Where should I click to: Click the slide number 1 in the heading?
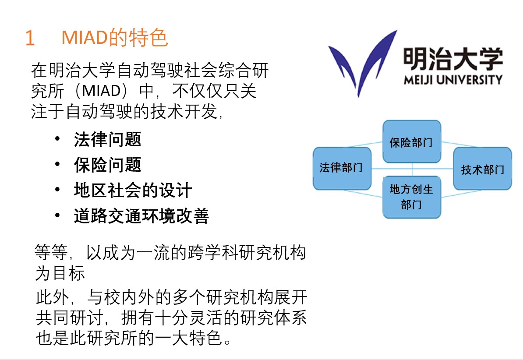[30, 37]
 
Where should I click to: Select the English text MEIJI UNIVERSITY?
[452, 80]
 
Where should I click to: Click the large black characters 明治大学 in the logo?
[452, 59]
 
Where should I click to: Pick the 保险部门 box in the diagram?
[412, 142]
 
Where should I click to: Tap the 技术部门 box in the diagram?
[483, 169]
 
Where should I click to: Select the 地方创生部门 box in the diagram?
[412, 197]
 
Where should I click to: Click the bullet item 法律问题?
[108, 139]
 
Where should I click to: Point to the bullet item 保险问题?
[108, 165]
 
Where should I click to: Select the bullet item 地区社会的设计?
[133, 191]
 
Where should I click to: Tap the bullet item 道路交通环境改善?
[141, 216]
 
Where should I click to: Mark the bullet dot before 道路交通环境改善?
[58, 215]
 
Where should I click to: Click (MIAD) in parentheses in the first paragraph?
[101, 91]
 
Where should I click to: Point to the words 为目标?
[60, 273]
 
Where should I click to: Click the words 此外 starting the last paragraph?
[53, 296]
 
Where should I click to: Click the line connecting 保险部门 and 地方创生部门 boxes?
[412, 169]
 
